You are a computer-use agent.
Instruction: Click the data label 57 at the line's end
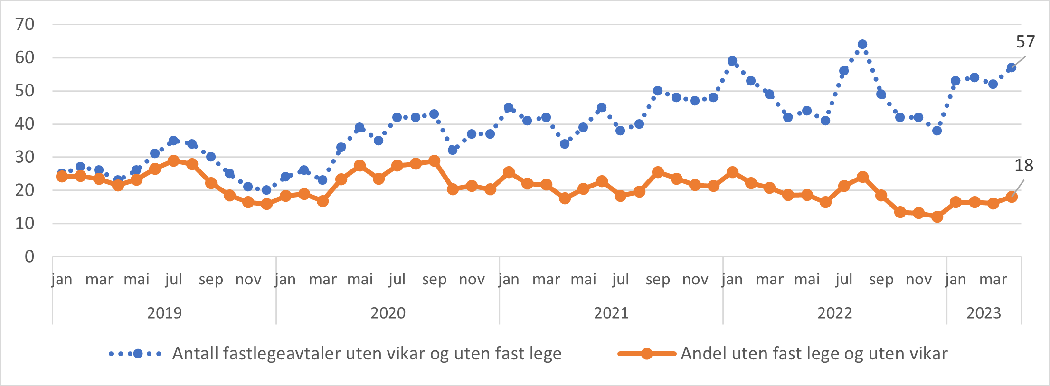(1025, 42)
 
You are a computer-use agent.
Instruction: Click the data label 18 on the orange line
(1023, 166)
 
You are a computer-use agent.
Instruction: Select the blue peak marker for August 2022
(862, 45)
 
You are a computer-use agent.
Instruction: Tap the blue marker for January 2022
(732, 61)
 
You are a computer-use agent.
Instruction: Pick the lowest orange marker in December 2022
(937, 217)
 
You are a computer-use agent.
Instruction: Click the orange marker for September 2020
(434, 161)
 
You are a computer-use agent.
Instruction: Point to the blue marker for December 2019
(266, 190)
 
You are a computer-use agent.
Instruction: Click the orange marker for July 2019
(173, 161)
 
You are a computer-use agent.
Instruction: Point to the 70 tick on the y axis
(25, 24)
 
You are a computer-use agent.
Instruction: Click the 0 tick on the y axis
(29, 257)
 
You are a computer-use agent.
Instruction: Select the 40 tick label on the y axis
(25, 124)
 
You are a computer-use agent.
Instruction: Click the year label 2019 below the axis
(164, 313)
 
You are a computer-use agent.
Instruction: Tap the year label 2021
(611, 313)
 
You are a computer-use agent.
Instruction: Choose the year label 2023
(984, 313)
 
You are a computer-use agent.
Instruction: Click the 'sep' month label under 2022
(881, 280)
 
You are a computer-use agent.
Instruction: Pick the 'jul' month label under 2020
(397, 280)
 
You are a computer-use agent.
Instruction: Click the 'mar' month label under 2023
(993, 280)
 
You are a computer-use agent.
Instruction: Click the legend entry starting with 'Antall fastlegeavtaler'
(367, 354)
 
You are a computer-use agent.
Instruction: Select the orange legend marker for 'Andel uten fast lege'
(646, 354)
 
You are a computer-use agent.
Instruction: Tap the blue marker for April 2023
(1012, 67)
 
